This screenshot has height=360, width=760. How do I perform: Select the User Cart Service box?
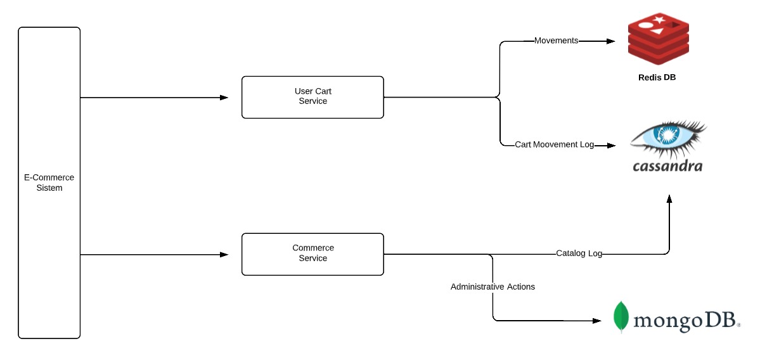coord(312,97)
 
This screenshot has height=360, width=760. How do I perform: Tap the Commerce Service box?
coord(312,254)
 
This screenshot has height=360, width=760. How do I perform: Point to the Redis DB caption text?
coord(658,78)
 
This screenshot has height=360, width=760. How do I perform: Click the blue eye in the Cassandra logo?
coord(666,135)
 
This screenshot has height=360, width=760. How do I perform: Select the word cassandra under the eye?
coord(667,166)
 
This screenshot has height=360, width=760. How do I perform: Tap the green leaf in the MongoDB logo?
coord(621,316)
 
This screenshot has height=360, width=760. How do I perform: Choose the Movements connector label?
coord(556,41)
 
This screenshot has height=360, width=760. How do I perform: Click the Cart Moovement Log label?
coord(554,145)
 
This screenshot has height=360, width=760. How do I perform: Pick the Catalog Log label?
coord(579,254)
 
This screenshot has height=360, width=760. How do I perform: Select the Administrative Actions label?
coord(493,287)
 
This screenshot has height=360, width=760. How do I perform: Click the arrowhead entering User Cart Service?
coord(224,98)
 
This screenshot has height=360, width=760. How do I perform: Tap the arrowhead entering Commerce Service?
coord(224,255)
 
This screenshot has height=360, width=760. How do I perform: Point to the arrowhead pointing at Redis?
coord(611,41)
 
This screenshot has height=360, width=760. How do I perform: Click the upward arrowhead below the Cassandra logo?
coord(669,199)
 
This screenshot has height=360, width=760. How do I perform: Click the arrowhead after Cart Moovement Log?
coord(611,146)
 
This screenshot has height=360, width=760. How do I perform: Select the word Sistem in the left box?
coord(49,188)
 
